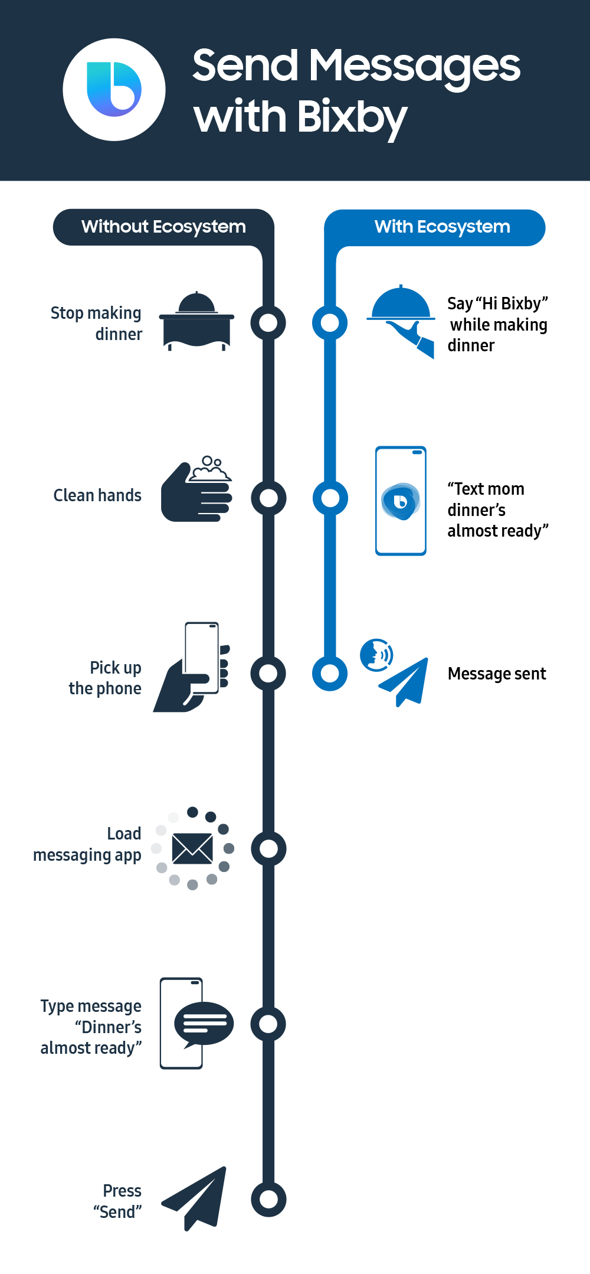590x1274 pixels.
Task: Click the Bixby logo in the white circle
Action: coord(114,89)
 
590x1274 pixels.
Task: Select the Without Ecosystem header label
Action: coord(163,227)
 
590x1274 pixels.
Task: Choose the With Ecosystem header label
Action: coord(442,227)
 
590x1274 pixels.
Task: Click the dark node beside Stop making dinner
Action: coord(268,322)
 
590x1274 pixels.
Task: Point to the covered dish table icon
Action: coord(196,322)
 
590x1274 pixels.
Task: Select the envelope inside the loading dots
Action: coord(192,848)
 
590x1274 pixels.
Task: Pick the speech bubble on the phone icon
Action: coord(204,1023)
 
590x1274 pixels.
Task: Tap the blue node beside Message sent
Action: coord(330,673)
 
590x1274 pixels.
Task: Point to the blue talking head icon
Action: coord(376,655)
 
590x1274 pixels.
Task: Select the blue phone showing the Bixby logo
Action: coord(401,501)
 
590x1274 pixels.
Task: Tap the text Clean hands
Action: coord(97,495)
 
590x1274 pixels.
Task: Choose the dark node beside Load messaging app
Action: coord(268,848)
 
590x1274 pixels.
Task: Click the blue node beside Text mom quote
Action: coord(330,498)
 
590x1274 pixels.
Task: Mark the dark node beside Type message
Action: coord(268,1024)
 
